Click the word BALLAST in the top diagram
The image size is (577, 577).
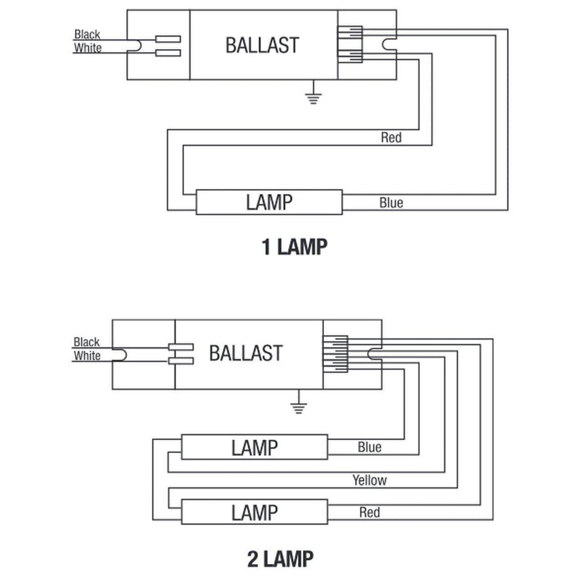click(262, 45)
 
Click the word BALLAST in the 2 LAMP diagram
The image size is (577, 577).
click(245, 353)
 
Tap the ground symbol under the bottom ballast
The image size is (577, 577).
click(296, 405)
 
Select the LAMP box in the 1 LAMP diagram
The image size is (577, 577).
click(269, 202)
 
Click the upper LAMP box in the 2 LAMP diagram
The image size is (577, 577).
click(254, 447)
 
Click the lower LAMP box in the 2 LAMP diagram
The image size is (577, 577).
click(254, 513)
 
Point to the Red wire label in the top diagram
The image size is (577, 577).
click(391, 137)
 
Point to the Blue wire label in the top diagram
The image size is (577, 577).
click(391, 203)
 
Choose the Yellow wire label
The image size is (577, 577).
click(369, 480)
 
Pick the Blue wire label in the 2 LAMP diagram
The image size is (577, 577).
click(369, 447)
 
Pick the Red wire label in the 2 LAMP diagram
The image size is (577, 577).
click(369, 513)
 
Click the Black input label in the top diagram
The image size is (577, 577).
click(87, 34)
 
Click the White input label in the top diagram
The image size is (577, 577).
click(87, 48)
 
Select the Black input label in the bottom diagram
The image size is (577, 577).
click(87, 342)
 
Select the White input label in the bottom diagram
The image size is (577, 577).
click(87, 356)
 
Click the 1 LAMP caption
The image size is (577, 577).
click(294, 247)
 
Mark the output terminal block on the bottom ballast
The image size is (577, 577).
click(335, 353)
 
